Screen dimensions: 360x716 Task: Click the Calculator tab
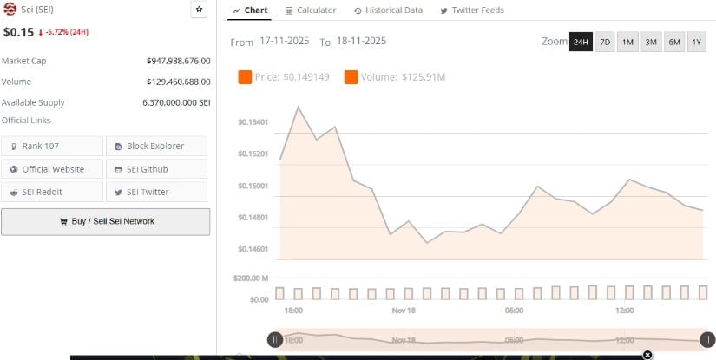coord(311,10)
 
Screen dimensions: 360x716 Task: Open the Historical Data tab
coord(388,10)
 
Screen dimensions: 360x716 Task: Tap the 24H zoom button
coord(581,42)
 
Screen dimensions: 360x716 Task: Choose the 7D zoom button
coord(605,42)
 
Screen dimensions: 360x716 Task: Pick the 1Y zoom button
coord(697,42)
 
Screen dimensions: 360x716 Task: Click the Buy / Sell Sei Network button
coord(105,221)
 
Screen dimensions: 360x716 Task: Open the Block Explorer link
coord(156,146)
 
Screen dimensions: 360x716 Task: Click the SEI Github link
coord(156,169)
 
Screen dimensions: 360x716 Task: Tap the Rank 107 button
coord(52,146)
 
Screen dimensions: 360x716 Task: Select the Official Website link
coord(52,169)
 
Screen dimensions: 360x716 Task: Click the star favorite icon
coord(199,10)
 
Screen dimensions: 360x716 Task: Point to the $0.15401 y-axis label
coord(253,122)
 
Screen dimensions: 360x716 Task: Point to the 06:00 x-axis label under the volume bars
coord(513,311)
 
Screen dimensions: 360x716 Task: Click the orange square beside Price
coord(245,78)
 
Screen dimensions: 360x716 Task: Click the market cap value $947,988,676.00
coord(179,61)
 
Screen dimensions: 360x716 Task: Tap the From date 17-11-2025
coord(285,42)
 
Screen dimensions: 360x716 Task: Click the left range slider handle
coord(274,340)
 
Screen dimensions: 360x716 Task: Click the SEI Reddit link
coord(52,192)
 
